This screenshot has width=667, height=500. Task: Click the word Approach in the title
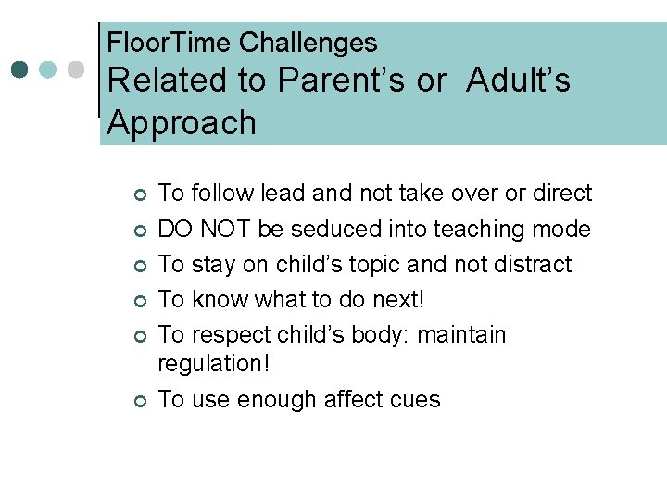pos(182,122)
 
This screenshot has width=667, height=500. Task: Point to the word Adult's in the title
pos(519,81)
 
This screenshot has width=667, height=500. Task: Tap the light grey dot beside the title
pos(77,69)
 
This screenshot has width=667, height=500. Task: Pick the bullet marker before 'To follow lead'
pos(139,194)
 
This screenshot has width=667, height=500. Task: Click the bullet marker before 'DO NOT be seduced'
pos(139,230)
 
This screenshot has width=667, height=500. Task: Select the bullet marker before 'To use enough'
pos(139,401)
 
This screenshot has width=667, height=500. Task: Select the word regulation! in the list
pos(214,364)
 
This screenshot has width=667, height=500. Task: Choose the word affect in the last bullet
pos(356,399)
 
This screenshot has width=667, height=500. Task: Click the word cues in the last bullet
pos(416,399)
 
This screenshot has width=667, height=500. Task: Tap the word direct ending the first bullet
pos(560,194)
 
